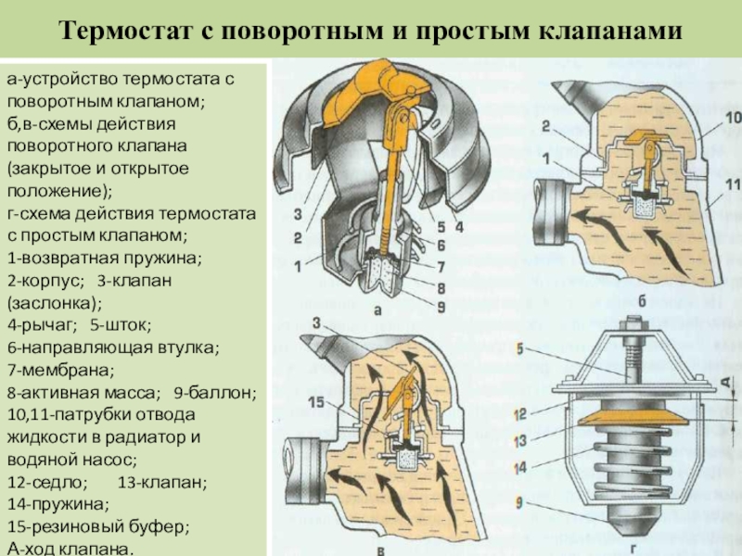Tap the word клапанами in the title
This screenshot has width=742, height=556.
pyautogui.click(x=611, y=31)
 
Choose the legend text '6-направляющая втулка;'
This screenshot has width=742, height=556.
pyautogui.click(x=112, y=347)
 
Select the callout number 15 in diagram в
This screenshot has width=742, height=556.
pyautogui.click(x=317, y=402)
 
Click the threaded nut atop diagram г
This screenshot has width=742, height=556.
pyautogui.click(x=637, y=327)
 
